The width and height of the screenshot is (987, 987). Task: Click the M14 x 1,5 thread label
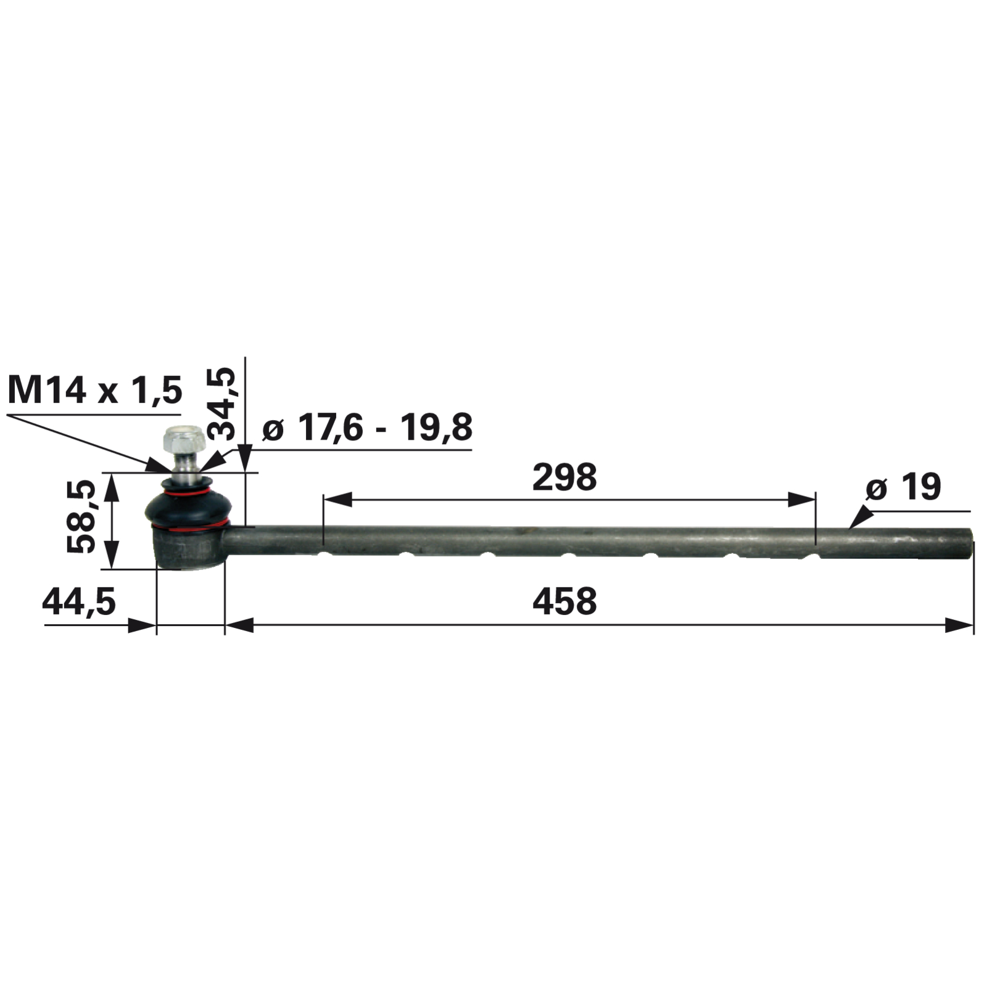pos(95,390)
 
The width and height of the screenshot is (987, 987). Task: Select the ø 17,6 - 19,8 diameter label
pos(367,427)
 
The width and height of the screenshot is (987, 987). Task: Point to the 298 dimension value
pos(564,477)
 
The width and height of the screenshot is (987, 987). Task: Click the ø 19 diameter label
pos(903,487)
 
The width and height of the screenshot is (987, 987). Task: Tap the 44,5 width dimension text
pos(79,601)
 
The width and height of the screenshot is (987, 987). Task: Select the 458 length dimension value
pos(564,601)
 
